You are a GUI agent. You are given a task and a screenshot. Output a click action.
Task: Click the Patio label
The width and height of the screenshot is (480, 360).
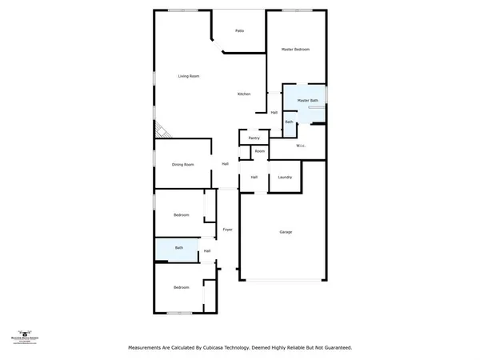(239, 31)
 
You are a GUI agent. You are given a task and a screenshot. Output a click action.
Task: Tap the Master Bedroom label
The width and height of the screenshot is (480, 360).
(295, 50)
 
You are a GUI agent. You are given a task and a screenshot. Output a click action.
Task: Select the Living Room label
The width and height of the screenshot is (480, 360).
(189, 76)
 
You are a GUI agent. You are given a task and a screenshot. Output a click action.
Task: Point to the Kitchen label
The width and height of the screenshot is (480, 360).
(244, 94)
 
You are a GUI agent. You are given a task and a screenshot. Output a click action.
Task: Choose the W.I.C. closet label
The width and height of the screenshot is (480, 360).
(302, 146)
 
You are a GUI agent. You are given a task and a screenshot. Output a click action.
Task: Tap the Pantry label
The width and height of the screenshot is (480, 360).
(254, 138)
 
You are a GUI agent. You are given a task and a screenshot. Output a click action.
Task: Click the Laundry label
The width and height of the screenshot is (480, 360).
(285, 177)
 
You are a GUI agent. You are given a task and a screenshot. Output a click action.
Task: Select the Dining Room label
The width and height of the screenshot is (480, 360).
(183, 165)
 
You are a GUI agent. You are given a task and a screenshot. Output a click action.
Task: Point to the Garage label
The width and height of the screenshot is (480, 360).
(286, 232)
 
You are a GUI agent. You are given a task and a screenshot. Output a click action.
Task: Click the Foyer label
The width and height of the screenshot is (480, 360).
(227, 230)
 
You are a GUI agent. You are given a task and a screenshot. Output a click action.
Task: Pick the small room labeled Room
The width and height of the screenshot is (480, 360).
(260, 151)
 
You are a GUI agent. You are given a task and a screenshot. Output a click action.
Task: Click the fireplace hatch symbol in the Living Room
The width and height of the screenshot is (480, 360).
(160, 128)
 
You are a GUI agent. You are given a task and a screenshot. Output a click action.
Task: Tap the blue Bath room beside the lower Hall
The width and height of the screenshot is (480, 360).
(179, 249)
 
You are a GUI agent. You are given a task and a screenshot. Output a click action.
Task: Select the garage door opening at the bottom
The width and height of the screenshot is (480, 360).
(286, 280)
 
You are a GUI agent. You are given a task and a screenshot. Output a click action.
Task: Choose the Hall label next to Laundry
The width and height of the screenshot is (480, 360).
(254, 177)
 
